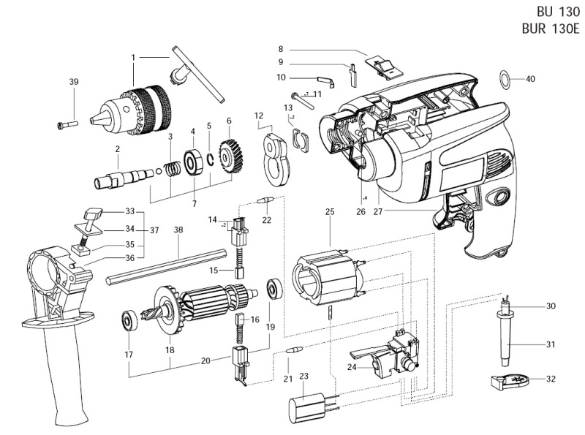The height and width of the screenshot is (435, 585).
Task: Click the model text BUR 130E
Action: pyautogui.click(x=549, y=29)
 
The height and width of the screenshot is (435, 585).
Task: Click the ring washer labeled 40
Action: pyautogui.click(x=505, y=78)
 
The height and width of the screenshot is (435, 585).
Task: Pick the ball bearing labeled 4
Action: pyautogui.click(x=193, y=161)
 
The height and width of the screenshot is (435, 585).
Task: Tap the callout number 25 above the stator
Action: pyautogui.click(x=330, y=212)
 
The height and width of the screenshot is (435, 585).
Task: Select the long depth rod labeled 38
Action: pyautogui.click(x=167, y=265)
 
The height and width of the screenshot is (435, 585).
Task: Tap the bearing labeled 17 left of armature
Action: pyautogui.click(x=129, y=320)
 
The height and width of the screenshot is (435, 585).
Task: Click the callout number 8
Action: pyautogui.click(x=281, y=48)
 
